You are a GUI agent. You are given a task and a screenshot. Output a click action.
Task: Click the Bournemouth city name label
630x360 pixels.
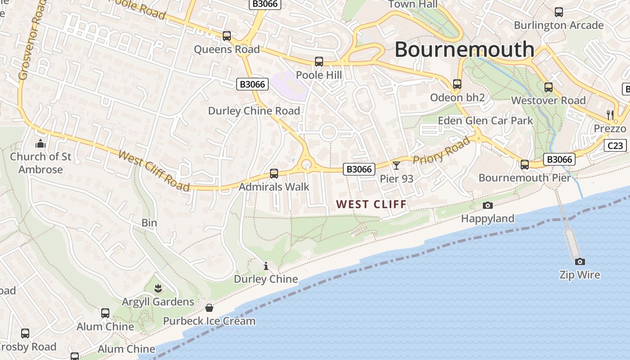464,49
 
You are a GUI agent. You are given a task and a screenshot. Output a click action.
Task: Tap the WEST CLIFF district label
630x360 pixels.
371,204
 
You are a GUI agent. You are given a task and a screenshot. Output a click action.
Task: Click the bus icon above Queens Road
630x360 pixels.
227,36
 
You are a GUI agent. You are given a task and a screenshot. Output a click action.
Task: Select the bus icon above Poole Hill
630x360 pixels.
319,61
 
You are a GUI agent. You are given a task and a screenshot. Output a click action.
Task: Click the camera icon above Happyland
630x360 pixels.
487,206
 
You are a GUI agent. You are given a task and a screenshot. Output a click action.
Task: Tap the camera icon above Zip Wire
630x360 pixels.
580,261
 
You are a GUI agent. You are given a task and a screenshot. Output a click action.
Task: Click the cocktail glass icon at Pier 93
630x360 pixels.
396,166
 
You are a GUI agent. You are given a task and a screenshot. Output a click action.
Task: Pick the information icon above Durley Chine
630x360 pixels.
266,266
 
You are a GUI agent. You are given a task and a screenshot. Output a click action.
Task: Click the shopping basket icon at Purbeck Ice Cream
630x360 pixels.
209,308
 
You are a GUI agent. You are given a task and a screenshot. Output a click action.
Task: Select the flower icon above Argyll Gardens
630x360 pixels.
157,288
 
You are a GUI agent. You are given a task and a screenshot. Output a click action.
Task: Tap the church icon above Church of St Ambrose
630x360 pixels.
40,144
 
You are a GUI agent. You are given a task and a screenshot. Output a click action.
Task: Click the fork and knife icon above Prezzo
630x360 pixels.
610,115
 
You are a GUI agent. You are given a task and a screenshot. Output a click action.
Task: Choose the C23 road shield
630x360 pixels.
615,145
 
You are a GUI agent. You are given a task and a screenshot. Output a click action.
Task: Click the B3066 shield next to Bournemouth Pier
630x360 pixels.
559,159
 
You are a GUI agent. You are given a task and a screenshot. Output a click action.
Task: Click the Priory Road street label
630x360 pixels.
441,151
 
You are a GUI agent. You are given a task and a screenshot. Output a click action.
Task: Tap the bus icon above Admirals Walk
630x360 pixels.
274,173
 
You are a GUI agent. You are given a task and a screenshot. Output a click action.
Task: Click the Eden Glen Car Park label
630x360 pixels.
485,121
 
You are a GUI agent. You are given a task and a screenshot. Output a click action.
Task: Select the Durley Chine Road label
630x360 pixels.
254,111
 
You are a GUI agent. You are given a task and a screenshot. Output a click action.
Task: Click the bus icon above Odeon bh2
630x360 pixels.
457,84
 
